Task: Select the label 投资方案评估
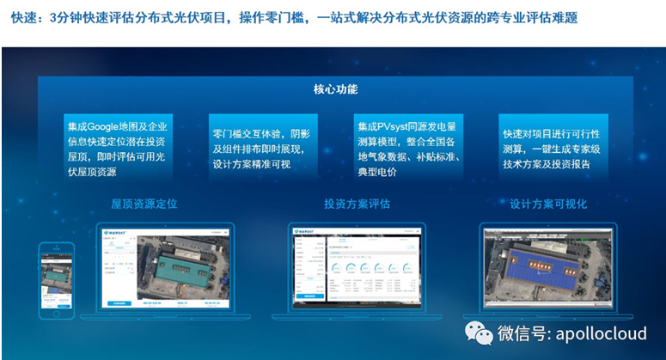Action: click(356, 204)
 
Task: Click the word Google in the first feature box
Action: click(108, 126)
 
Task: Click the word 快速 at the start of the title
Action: click(24, 16)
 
